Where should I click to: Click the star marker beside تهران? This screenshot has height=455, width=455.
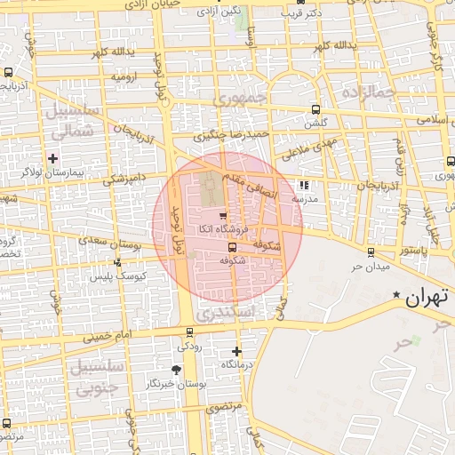[x=396, y=293]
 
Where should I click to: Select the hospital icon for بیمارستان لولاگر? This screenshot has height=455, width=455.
[x=53, y=157]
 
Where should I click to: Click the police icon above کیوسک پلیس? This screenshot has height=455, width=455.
[x=118, y=262]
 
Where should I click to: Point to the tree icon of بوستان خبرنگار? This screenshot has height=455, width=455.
[x=176, y=369]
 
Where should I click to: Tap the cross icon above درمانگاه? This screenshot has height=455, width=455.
[x=236, y=351]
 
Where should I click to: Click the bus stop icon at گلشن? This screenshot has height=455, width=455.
[x=315, y=109]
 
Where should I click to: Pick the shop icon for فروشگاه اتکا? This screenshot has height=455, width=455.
[x=222, y=216]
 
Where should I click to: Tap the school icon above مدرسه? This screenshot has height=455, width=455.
[x=305, y=186]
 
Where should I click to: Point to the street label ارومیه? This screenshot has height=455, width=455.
[x=124, y=76]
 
